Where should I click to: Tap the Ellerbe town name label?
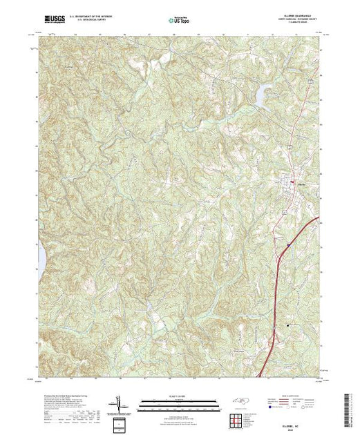pos(301,184)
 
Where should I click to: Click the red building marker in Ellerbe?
pos(292,182)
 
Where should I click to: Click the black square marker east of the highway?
pos(288,325)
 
